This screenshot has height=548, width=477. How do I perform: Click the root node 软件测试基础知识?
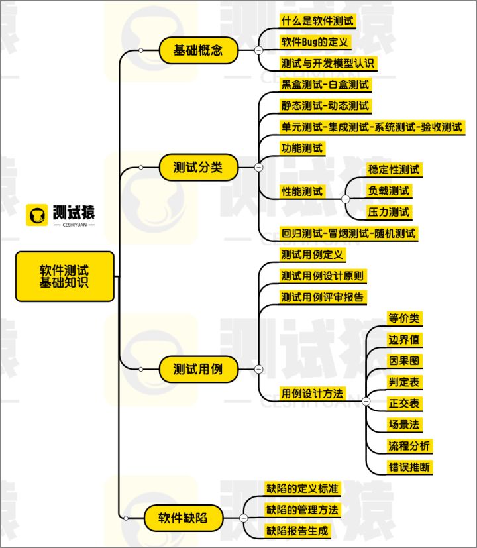65,276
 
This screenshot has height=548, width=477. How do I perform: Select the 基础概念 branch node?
198,50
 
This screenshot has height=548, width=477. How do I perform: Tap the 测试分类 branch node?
198,168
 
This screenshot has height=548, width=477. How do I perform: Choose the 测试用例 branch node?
198,369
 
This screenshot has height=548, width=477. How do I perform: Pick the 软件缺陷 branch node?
183,518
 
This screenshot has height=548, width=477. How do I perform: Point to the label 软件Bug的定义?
315,42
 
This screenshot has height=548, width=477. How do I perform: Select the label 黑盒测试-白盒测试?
325,84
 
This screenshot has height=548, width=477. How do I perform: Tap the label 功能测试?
302,148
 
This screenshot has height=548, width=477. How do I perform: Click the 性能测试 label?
302,192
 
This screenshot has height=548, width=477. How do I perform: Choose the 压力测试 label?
390,213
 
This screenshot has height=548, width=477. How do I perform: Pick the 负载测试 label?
390,192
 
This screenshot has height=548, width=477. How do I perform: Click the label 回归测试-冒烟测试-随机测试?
348,234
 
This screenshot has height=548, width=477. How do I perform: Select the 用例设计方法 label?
313,394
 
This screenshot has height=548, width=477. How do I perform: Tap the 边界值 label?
404,340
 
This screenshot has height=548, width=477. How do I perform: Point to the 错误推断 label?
409,467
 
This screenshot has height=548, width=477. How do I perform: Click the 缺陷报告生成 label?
297,531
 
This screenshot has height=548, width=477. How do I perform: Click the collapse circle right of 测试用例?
258,369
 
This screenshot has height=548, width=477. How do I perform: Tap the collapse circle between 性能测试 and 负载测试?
345,199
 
